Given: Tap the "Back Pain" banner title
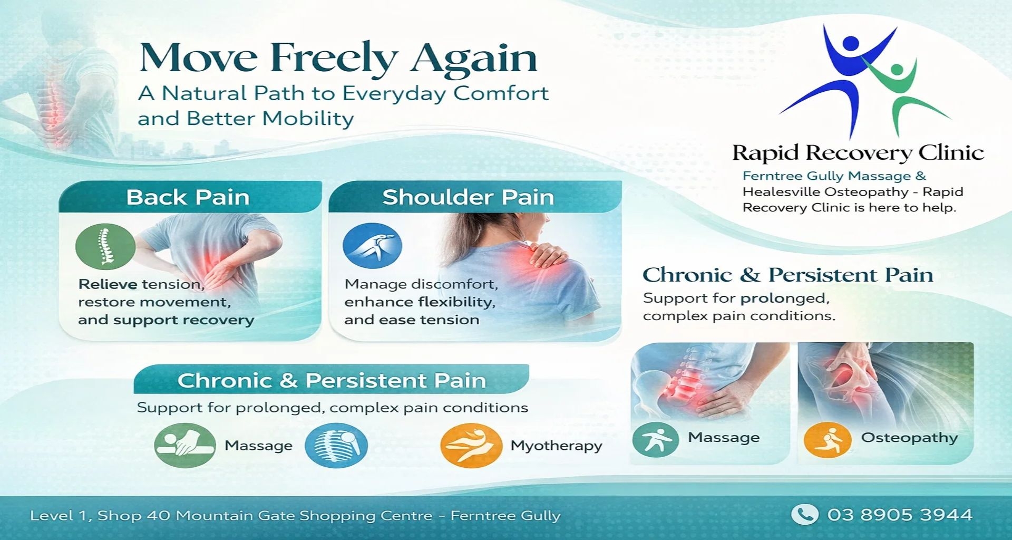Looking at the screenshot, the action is point(188,197).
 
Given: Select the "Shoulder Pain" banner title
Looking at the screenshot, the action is point(468,197).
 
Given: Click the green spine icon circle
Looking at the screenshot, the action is point(105,246).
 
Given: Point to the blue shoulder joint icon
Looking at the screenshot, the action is point(372,246).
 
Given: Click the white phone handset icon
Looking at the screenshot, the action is point(805,514).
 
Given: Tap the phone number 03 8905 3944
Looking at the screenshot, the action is point(900,515).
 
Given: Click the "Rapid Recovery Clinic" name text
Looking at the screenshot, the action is point(858,153).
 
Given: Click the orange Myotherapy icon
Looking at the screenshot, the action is point(471,446).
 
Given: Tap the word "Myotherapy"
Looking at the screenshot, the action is point(556,446).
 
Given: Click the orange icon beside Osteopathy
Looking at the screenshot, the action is point(828,439).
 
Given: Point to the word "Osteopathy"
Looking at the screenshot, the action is point(909,438).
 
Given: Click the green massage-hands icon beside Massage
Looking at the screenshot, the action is point(185,445).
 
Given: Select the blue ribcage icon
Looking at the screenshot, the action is point(336,446).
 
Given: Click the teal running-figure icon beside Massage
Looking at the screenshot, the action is point(655,439).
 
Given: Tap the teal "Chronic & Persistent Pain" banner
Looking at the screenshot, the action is point(331,380).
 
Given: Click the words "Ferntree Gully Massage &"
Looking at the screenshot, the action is point(834,176).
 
